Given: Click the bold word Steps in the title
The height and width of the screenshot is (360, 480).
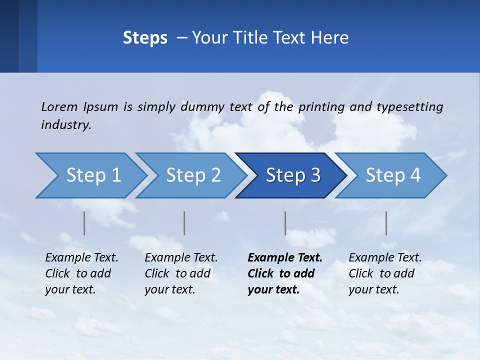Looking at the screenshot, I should [x=145, y=38].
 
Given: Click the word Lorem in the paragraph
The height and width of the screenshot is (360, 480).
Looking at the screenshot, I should [x=59, y=106].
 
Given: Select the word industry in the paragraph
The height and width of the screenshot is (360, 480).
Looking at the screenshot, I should [x=66, y=125].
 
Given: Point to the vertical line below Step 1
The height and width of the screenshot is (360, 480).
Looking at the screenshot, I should [x=84, y=223].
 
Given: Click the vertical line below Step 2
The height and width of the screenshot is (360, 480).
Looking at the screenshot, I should [x=184, y=223].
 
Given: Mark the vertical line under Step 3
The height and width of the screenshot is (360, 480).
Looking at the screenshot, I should [x=285, y=223].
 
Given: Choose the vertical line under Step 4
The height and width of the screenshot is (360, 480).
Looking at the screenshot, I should [x=386, y=223].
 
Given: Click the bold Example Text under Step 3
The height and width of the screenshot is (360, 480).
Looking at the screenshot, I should [x=285, y=258].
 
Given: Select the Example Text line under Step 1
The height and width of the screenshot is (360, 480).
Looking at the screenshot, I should [x=81, y=258].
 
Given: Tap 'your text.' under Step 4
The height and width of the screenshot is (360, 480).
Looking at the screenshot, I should [x=373, y=289].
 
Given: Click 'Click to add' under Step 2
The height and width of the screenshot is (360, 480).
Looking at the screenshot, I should [x=177, y=273].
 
